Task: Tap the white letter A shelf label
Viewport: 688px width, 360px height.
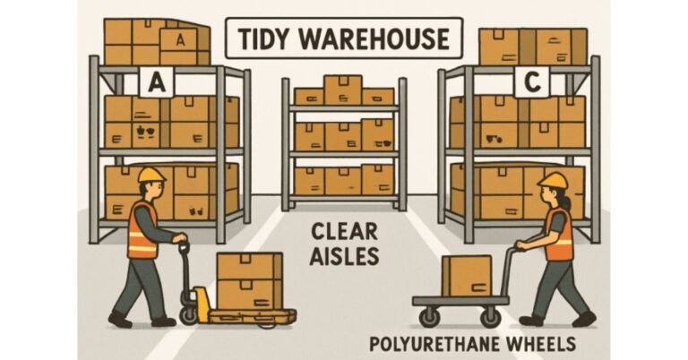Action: [157, 83]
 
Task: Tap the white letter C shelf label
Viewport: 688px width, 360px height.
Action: [530, 83]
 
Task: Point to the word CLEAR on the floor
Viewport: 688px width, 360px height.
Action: [342, 231]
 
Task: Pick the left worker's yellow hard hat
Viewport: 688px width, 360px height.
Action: [151, 174]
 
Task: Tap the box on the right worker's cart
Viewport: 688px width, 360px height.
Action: [468, 275]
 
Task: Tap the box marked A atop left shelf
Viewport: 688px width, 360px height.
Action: [178, 39]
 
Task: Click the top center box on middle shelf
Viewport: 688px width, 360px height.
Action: [342, 90]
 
